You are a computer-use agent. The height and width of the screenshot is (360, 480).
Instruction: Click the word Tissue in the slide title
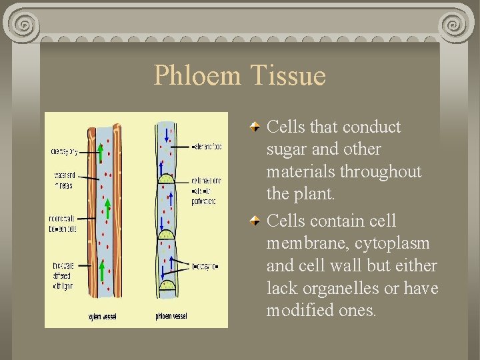tap(289, 75)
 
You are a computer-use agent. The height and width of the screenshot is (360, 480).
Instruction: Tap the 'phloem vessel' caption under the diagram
tap(172, 316)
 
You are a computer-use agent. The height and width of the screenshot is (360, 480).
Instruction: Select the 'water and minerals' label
tap(63, 180)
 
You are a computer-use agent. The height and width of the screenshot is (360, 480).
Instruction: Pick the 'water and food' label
tap(207, 146)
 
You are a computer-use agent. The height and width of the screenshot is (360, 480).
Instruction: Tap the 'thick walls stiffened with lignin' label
tap(63, 274)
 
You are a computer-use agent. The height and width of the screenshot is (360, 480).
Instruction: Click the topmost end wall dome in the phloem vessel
tap(165, 178)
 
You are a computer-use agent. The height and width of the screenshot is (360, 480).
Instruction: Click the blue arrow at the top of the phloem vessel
tap(167, 129)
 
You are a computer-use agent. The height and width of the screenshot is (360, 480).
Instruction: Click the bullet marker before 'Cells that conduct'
tap(255, 126)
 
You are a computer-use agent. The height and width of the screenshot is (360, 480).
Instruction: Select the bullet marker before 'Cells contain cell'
tap(255, 221)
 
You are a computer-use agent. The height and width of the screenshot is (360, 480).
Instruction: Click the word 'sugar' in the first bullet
tap(285, 149)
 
